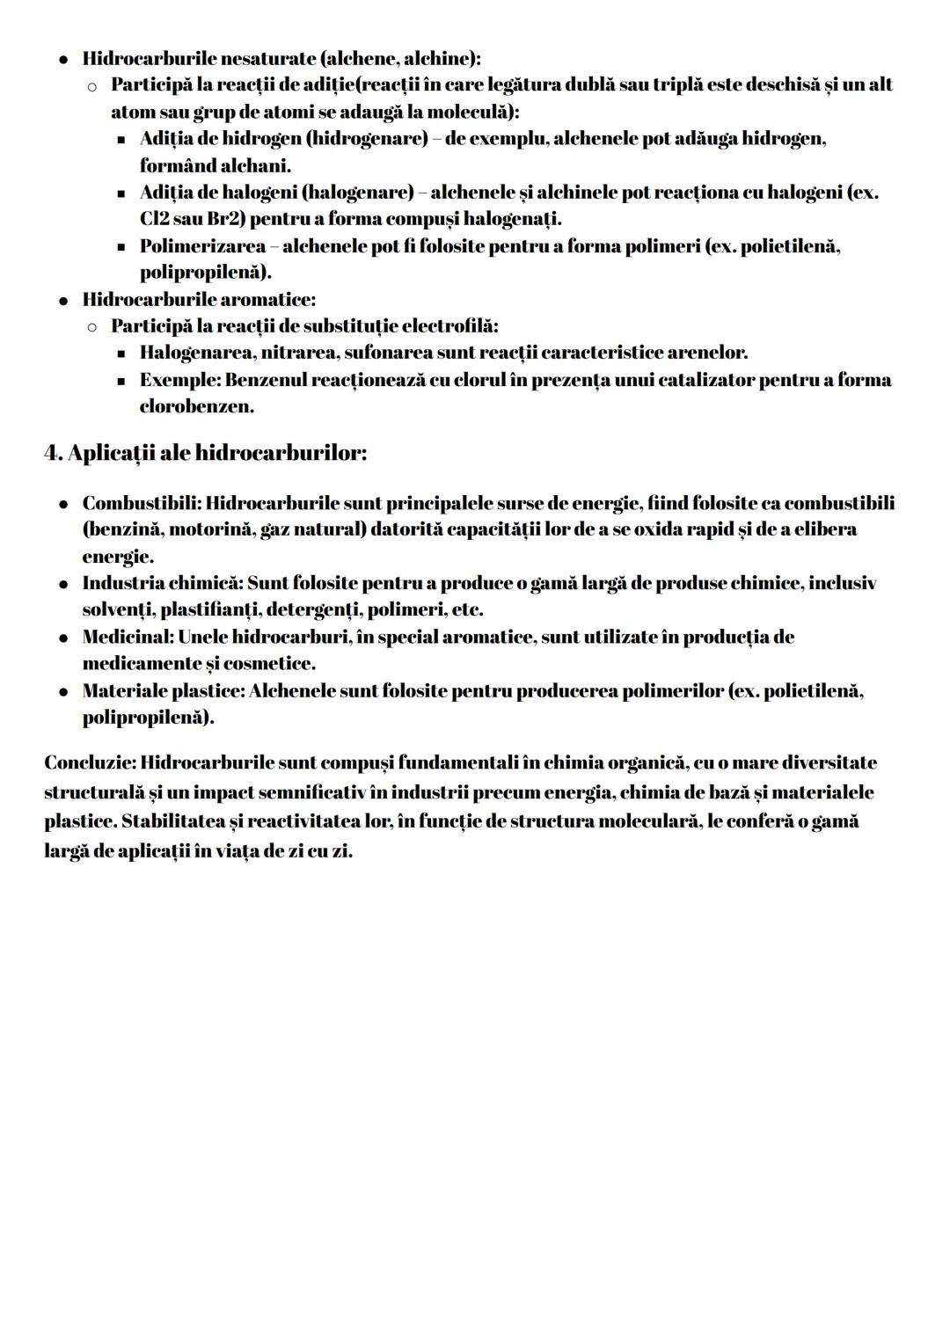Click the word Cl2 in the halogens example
155,218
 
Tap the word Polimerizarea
203,246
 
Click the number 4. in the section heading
53,454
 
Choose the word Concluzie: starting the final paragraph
90,762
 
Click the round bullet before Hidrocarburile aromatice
64,300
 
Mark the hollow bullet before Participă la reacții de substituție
91,327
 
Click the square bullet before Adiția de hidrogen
121,140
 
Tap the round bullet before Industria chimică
64,584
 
